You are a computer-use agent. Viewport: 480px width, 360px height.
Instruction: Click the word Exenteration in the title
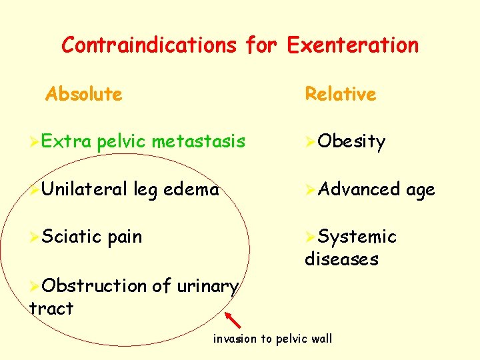tap(353, 45)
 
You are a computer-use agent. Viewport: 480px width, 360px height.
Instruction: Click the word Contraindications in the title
tap(149, 45)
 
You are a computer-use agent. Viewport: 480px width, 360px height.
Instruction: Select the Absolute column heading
tap(84, 94)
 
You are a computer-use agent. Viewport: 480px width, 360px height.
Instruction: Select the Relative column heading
tap(340, 94)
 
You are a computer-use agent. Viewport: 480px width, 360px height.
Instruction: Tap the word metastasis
tap(198, 141)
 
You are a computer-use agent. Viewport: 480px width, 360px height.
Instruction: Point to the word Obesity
tap(351, 142)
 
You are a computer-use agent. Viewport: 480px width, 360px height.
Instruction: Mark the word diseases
tap(341, 259)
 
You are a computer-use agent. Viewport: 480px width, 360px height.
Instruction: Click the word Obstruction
tap(94, 285)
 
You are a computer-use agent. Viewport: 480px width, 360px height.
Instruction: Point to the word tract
tap(51, 308)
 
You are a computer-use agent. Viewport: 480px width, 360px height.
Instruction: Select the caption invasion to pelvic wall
tap(272, 339)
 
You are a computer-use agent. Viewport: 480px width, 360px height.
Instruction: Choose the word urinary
tap(207, 287)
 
